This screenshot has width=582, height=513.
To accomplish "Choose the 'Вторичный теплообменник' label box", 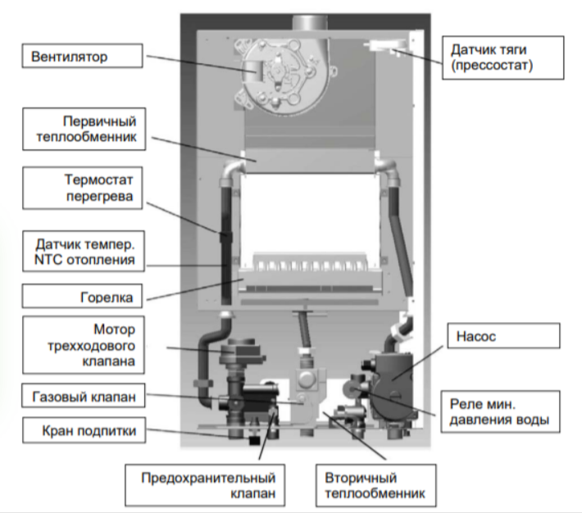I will (x=372, y=486).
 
